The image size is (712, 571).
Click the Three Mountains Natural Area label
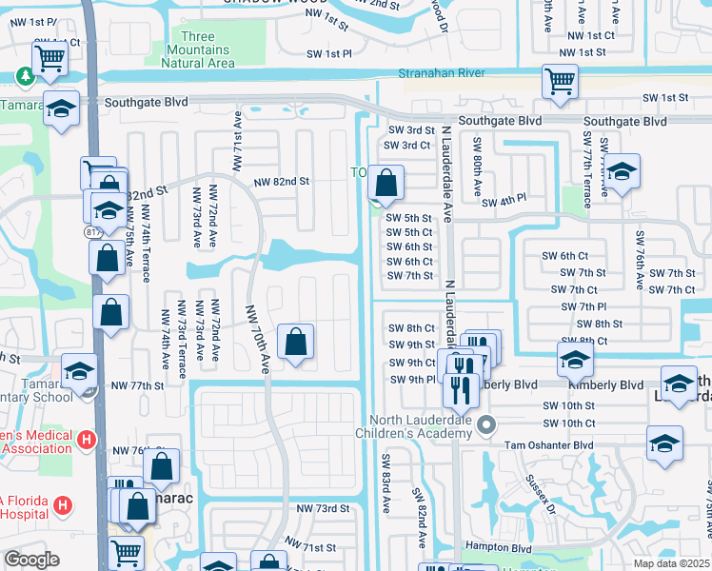[198, 50]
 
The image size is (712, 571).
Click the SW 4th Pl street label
[504, 202]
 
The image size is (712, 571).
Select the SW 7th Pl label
[584, 306]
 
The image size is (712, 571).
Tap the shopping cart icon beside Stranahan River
[560, 81]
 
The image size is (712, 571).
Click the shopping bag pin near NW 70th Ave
[295, 341]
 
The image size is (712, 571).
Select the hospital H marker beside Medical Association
[87, 440]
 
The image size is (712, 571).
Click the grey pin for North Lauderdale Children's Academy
[486, 424]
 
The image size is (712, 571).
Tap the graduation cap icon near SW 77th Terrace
[620, 172]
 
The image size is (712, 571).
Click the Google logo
[31, 561]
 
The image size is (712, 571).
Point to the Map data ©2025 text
[671, 563]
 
